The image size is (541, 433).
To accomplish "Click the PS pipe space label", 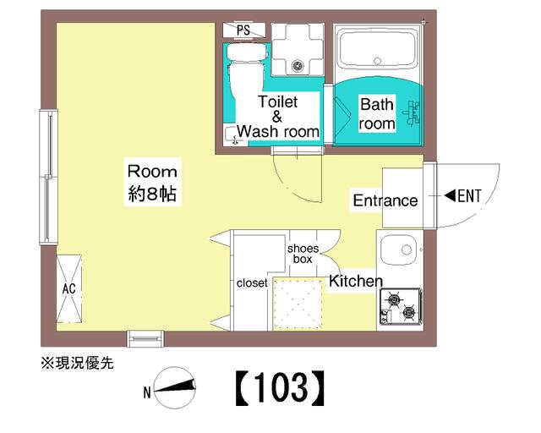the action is coord(243,30).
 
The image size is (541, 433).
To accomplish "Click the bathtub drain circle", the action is coord(378,62).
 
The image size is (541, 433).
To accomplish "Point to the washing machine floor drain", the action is coord(298,65).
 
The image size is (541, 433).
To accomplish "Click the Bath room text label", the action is coord(377,113).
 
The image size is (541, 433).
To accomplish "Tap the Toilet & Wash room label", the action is coord(278,117).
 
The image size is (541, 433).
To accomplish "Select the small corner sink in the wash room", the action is coord(232,135).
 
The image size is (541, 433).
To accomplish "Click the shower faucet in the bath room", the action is coord(412,112).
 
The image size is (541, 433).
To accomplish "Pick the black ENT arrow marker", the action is coord(451,196).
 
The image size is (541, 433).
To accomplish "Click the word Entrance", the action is coord(385,200).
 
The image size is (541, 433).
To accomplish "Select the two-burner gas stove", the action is coord(400,306).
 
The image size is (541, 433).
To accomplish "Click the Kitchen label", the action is coord(356,281).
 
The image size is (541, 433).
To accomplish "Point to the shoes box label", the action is coord(303,254).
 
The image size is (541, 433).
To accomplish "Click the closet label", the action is coord(252,282).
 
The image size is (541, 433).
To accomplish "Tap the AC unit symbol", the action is coord(69,288).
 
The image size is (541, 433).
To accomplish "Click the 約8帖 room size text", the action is coord(152,194).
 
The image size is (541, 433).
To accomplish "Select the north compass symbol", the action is coord(175,387).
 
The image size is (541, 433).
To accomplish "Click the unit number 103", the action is coord(281,388).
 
